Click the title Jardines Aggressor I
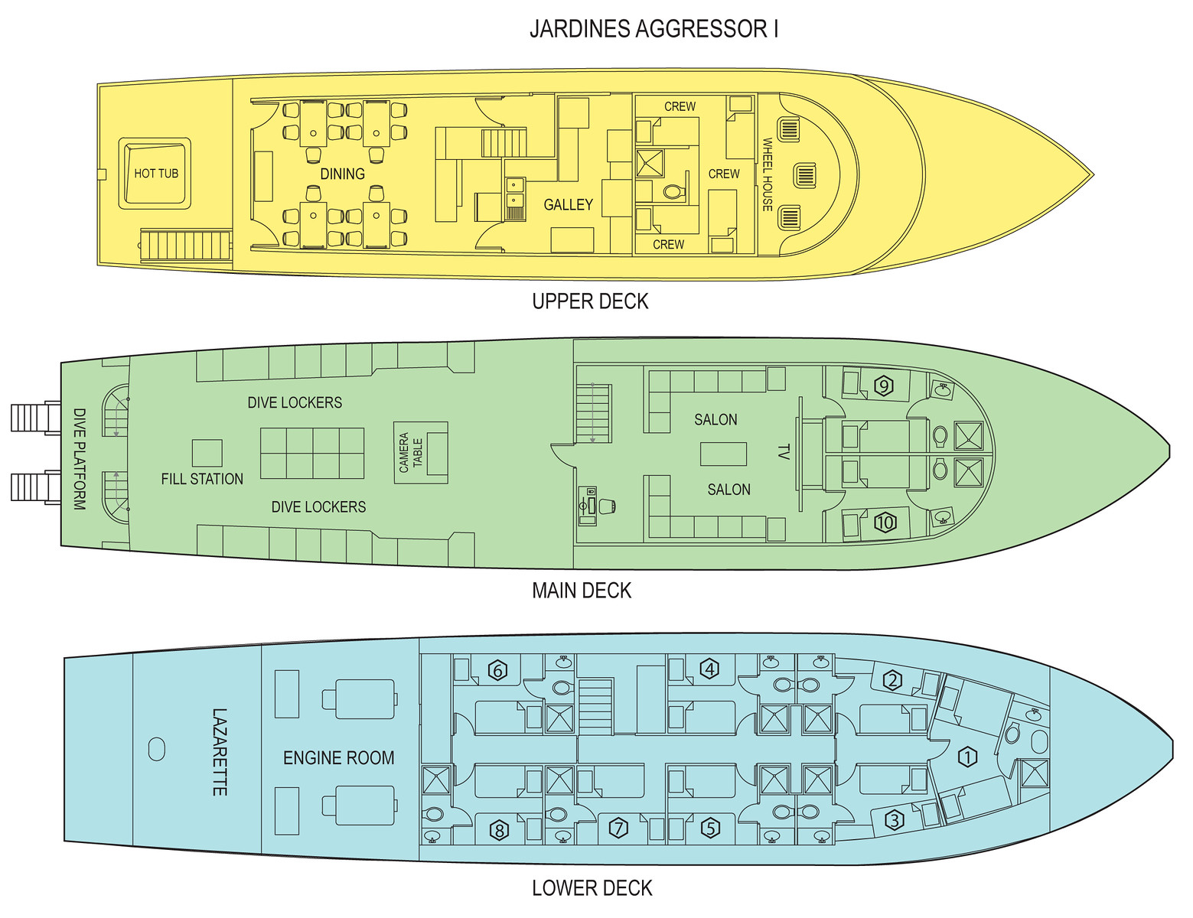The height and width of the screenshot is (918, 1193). pyautogui.click(x=654, y=29)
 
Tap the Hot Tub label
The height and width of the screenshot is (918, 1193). pyautogui.click(x=156, y=174)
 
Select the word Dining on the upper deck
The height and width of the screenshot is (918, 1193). pyautogui.click(x=343, y=174)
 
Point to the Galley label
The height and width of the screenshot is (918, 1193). pyautogui.click(x=569, y=205)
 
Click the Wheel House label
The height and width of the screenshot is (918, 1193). pyautogui.click(x=768, y=174)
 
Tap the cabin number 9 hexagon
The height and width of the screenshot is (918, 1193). pyautogui.click(x=883, y=386)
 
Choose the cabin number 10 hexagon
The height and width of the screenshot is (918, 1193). pyautogui.click(x=885, y=522)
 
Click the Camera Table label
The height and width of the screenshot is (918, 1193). pyautogui.click(x=411, y=453)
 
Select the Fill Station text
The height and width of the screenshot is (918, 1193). pyautogui.click(x=202, y=479)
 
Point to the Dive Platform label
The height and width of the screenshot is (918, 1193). pyautogui.click(x=80, y=459)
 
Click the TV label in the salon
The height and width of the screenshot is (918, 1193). pyautogui.click(x=784, y=452)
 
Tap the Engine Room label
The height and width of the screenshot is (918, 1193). pyautogui.click(x=339, y=758)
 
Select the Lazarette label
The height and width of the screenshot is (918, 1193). pyautogui.click(x=220, y=752)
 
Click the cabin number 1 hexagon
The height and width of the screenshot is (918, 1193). pyautogui.click(x=967, y=757)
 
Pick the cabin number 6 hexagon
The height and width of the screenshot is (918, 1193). pyautogui.click(x=497, y=671)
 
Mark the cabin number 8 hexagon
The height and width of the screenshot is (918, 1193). pyautogui.click(x=499, y=830)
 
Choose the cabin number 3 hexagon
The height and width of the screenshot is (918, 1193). pyautogui.click(x=895, y=820)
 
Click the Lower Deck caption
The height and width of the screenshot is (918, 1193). pyautogui.click(x=592, y=888)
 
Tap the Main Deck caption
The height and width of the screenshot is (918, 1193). pyautogui.click(x=582, y=591)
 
